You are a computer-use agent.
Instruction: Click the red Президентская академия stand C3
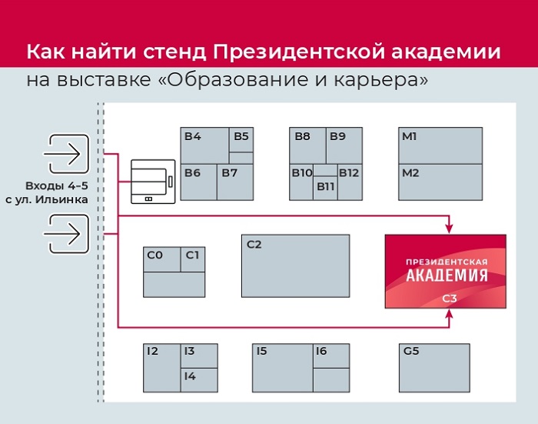pos(445,271)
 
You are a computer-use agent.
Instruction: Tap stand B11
pos(326,186)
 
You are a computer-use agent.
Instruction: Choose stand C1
pos(193,259)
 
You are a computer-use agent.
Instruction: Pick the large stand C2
pos(295,265)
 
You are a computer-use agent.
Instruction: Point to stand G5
pos(434,367)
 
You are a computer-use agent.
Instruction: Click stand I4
pos(199,379)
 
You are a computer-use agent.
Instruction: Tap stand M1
pos(440,145)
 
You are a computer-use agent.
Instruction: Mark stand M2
pos(440,182)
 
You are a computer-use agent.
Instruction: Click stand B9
pos(342,145)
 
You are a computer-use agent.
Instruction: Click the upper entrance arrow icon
pos(66,154)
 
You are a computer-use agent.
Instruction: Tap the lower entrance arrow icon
pos(66,232)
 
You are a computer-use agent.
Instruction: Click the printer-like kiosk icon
pos(152,182)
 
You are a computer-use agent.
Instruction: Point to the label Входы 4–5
pos(52,186)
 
